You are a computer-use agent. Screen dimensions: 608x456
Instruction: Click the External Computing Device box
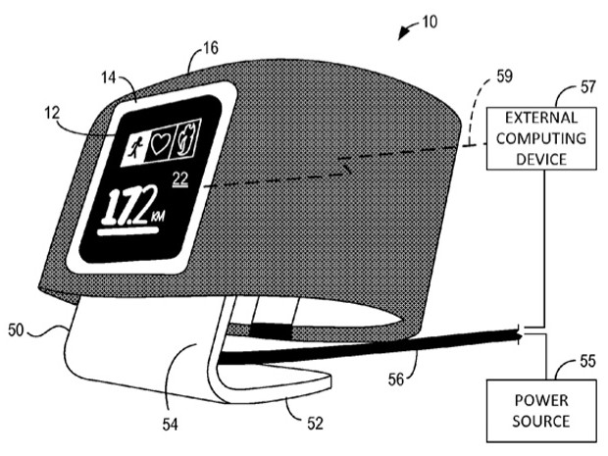pyautogui.click(x=541, y=138)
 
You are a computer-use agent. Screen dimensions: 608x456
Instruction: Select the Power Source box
pyautogui.click(x=541, y=411)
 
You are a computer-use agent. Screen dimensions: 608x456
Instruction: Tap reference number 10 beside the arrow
pyautogui.click(x=430, y=22)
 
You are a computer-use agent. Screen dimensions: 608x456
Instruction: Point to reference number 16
pyautogui.click(x=211, y=48)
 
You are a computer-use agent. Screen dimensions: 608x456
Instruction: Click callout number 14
pyautogui.click(x=109, y=77)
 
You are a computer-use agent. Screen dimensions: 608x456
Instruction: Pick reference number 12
pyautogui.click(x=52, y=113)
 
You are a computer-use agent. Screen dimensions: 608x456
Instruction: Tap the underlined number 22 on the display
pyautogui.click(x=180, y=179)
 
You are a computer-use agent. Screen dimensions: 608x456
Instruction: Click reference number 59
pyautogui.click(x=504, y=76)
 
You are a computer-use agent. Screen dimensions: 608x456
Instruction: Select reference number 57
pyautogui.click(x=587, y=87)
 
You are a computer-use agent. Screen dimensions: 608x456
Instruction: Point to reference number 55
pyautogui.click(x=587, y=362)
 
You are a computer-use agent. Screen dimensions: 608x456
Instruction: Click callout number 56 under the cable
pyautogui.click(x=396, y=380)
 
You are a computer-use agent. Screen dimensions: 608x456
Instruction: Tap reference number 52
pyautogui.click(x=315, y=423)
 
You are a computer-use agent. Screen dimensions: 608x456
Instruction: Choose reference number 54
pyautogui.click(x=170, y=425)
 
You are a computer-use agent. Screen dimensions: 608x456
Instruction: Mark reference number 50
pyautogui.click(x=16, y=330)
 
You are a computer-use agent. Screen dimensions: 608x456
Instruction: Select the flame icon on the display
pyautogui.click(x=188, y=137)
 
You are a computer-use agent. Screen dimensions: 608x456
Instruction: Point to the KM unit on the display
pyautogui.click(x=159, y=216)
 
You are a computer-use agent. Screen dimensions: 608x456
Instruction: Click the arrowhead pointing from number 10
pyautogui.click(x=402, y=35)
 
